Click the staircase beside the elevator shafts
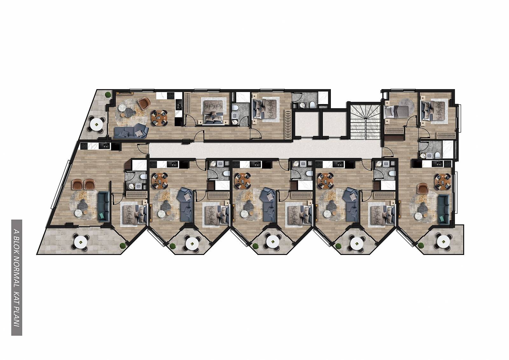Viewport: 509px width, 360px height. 366,121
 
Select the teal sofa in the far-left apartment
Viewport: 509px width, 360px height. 103,207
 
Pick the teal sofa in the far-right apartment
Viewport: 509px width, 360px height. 443,209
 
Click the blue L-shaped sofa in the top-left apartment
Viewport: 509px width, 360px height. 131,131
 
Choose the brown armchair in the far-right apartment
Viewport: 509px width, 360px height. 423,189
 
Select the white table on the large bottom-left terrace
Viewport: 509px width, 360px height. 81,243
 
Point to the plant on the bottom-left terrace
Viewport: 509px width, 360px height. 122,246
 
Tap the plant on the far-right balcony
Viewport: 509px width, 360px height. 421,245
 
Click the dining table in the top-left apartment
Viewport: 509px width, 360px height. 159,118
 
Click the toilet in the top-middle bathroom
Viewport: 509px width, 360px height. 312,105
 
